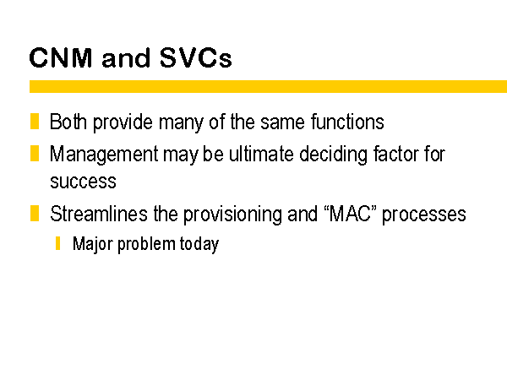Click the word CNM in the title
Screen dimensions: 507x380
click(61, 57)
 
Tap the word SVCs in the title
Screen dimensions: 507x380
click(196, 57)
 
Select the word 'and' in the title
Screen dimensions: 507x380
click(126, 57)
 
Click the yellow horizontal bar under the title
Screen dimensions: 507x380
click(268, 87)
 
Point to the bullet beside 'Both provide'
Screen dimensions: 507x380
click(35, 121)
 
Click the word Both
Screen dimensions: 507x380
click(68, 122)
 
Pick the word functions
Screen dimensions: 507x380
click(347, 122)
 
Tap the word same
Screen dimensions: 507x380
click(282, 122)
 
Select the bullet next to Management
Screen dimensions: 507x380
click(35, 153)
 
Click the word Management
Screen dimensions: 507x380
click(104, 155)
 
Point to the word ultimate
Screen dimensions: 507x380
click(261, 154)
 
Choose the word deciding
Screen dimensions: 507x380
click(333, 155)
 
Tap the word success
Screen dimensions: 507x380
click(83, 182)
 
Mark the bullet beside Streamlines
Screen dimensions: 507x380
click(35, 214)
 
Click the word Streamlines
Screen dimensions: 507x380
click(99, 214)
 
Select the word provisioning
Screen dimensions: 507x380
click(232, 214)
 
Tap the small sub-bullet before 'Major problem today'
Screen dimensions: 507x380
click(57, 243)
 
